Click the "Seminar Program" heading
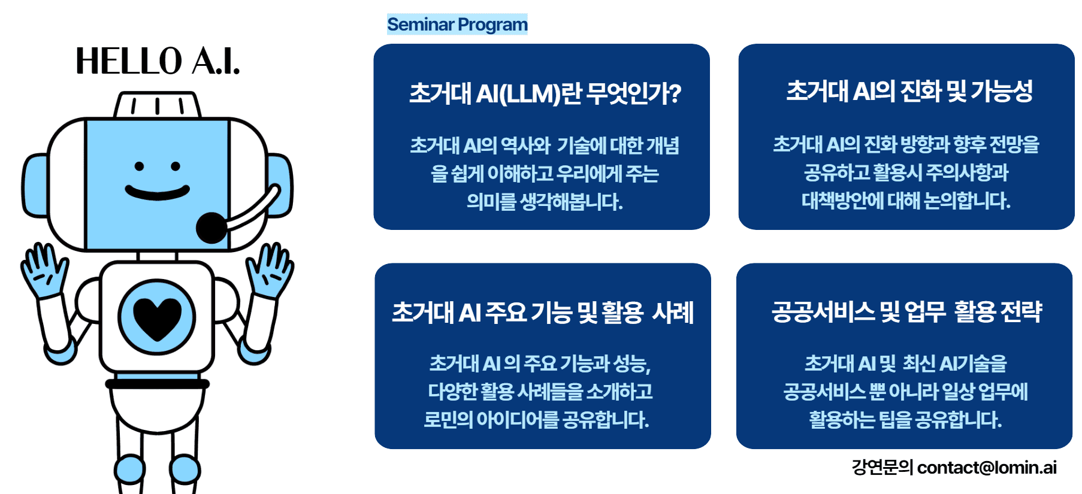[457, 25]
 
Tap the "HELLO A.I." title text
[158, 61]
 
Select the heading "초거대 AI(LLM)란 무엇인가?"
[545, 93]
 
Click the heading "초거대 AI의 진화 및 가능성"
[909, 91]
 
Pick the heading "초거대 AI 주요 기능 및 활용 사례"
[543, 313]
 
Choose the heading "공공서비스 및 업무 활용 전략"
[906, 311]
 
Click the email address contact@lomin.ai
[987, 467]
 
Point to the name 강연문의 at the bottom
[882, 467]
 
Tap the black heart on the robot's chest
[157, 317]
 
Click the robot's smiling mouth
[157, 193]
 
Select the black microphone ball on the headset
[211, 228]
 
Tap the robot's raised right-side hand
[271, 269]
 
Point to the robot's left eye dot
[139, 166]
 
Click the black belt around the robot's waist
[157, 384]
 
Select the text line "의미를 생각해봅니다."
[545, 202]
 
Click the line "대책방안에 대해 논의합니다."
[906, 201]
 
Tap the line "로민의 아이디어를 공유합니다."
[536, 419]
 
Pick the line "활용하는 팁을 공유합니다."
[905, 419]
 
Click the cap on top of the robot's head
[158, 105]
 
